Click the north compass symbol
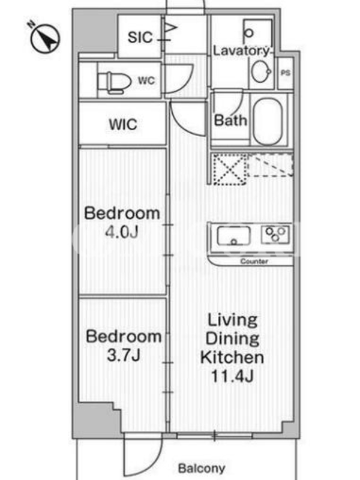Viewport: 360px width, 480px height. tap(44, 38)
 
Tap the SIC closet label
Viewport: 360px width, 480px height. tap(140, 37)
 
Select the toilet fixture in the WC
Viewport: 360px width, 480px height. tap(114, 82)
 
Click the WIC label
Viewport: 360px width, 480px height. tap(123, 124)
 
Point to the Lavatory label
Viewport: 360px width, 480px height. tap(241, 50)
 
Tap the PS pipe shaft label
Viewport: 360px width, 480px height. tap(286, 73)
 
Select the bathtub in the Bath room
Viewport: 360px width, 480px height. tap(268, 122)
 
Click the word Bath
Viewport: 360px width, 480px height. tap(230, 120)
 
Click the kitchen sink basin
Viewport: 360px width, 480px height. tap(233, 236)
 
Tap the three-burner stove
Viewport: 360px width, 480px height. tap(275, 235)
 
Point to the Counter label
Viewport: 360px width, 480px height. tap(254, 261)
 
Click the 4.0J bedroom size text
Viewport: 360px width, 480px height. tap(122, 232)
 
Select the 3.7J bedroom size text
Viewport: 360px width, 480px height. tap(124, 355)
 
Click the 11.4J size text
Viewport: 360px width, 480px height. tap(232, 376)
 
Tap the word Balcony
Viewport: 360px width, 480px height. tap(202, 468)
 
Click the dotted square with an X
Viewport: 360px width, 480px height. tap(230, 169)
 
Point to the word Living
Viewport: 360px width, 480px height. tap(233, 321)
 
